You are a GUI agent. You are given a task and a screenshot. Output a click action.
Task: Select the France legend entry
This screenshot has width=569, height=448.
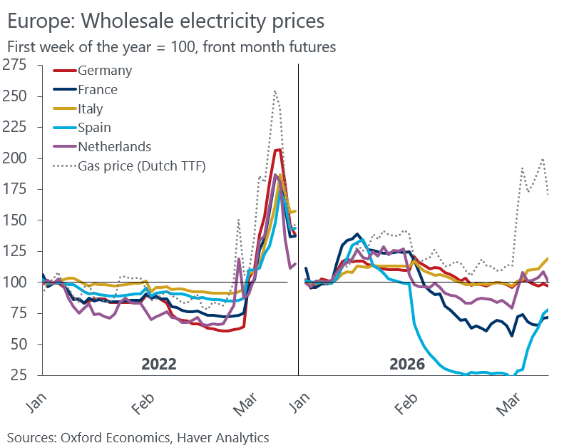click(x=98, y=90)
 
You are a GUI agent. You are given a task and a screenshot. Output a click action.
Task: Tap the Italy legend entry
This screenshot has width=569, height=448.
click(x=91, y=109)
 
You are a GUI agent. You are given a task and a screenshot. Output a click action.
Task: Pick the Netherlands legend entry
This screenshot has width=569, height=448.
click(x=115, y=147)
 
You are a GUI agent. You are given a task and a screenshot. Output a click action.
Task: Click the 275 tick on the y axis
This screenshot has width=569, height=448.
click(x=14, y=66)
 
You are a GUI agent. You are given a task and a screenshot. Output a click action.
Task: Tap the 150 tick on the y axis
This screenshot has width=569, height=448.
click(x=14, y=220)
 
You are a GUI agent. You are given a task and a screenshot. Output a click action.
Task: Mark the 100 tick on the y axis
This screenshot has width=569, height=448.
click(x=14, y=282)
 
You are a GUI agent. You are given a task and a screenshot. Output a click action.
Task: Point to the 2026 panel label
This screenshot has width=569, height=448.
click(x=407, y=364)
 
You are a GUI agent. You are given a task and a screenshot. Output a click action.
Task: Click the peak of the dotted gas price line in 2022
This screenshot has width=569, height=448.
click(x=275, y=91)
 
